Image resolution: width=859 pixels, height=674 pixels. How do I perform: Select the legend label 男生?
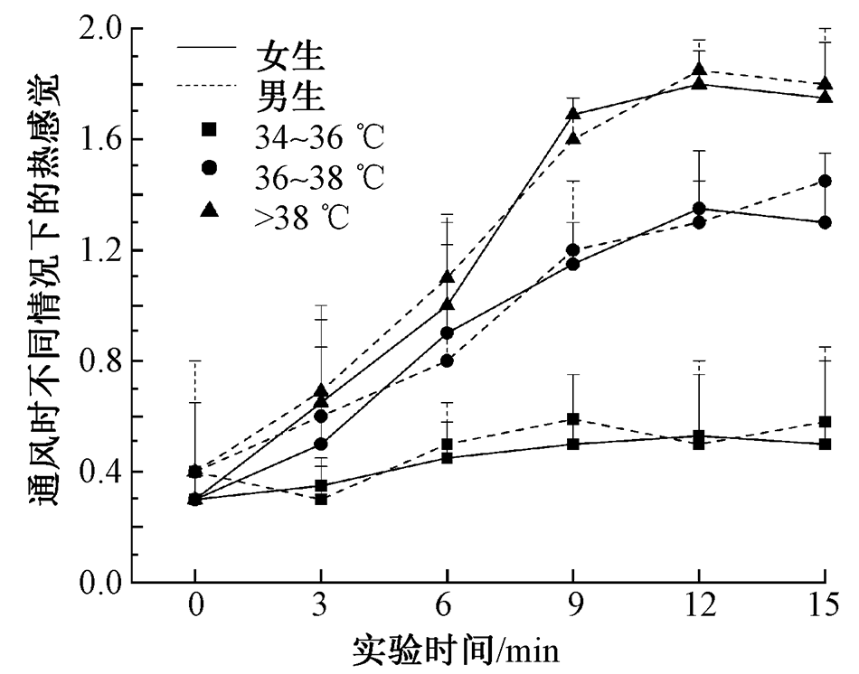click(x=289, y=93)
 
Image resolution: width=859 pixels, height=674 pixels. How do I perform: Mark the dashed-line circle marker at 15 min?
click(x=824, y=181)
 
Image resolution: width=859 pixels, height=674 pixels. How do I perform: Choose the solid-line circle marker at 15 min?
click(x=824, y=222)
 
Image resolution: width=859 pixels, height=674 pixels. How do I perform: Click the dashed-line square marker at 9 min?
click(x=572, y=418)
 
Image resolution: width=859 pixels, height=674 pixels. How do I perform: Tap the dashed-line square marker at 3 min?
click(x=321, y=499)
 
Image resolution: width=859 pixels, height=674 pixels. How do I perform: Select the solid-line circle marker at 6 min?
click(x=447, y=332)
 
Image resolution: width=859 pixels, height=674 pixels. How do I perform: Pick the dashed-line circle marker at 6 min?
click(x=447, y=360)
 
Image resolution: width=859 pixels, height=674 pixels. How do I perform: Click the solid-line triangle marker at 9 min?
click(x=572, y=114)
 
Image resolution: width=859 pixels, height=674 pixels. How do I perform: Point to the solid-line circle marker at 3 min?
click(x=321, y=444)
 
